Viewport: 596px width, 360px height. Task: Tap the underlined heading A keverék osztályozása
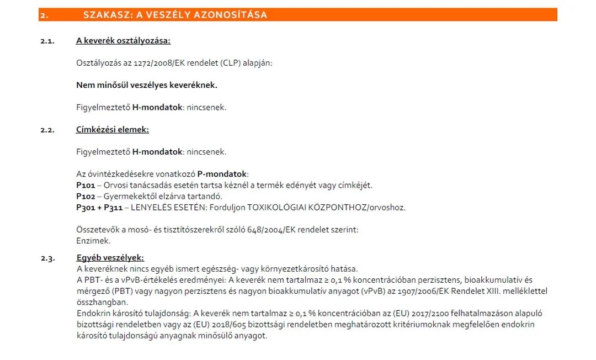(123, 40)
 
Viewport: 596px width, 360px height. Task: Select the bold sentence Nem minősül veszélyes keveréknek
(147, 85)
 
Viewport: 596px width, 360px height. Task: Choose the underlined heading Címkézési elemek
(113, 130)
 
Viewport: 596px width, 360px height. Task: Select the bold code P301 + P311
(99, 208)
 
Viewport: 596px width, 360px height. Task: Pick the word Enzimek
(93, 241)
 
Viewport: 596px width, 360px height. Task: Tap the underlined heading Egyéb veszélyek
(110, 258)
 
